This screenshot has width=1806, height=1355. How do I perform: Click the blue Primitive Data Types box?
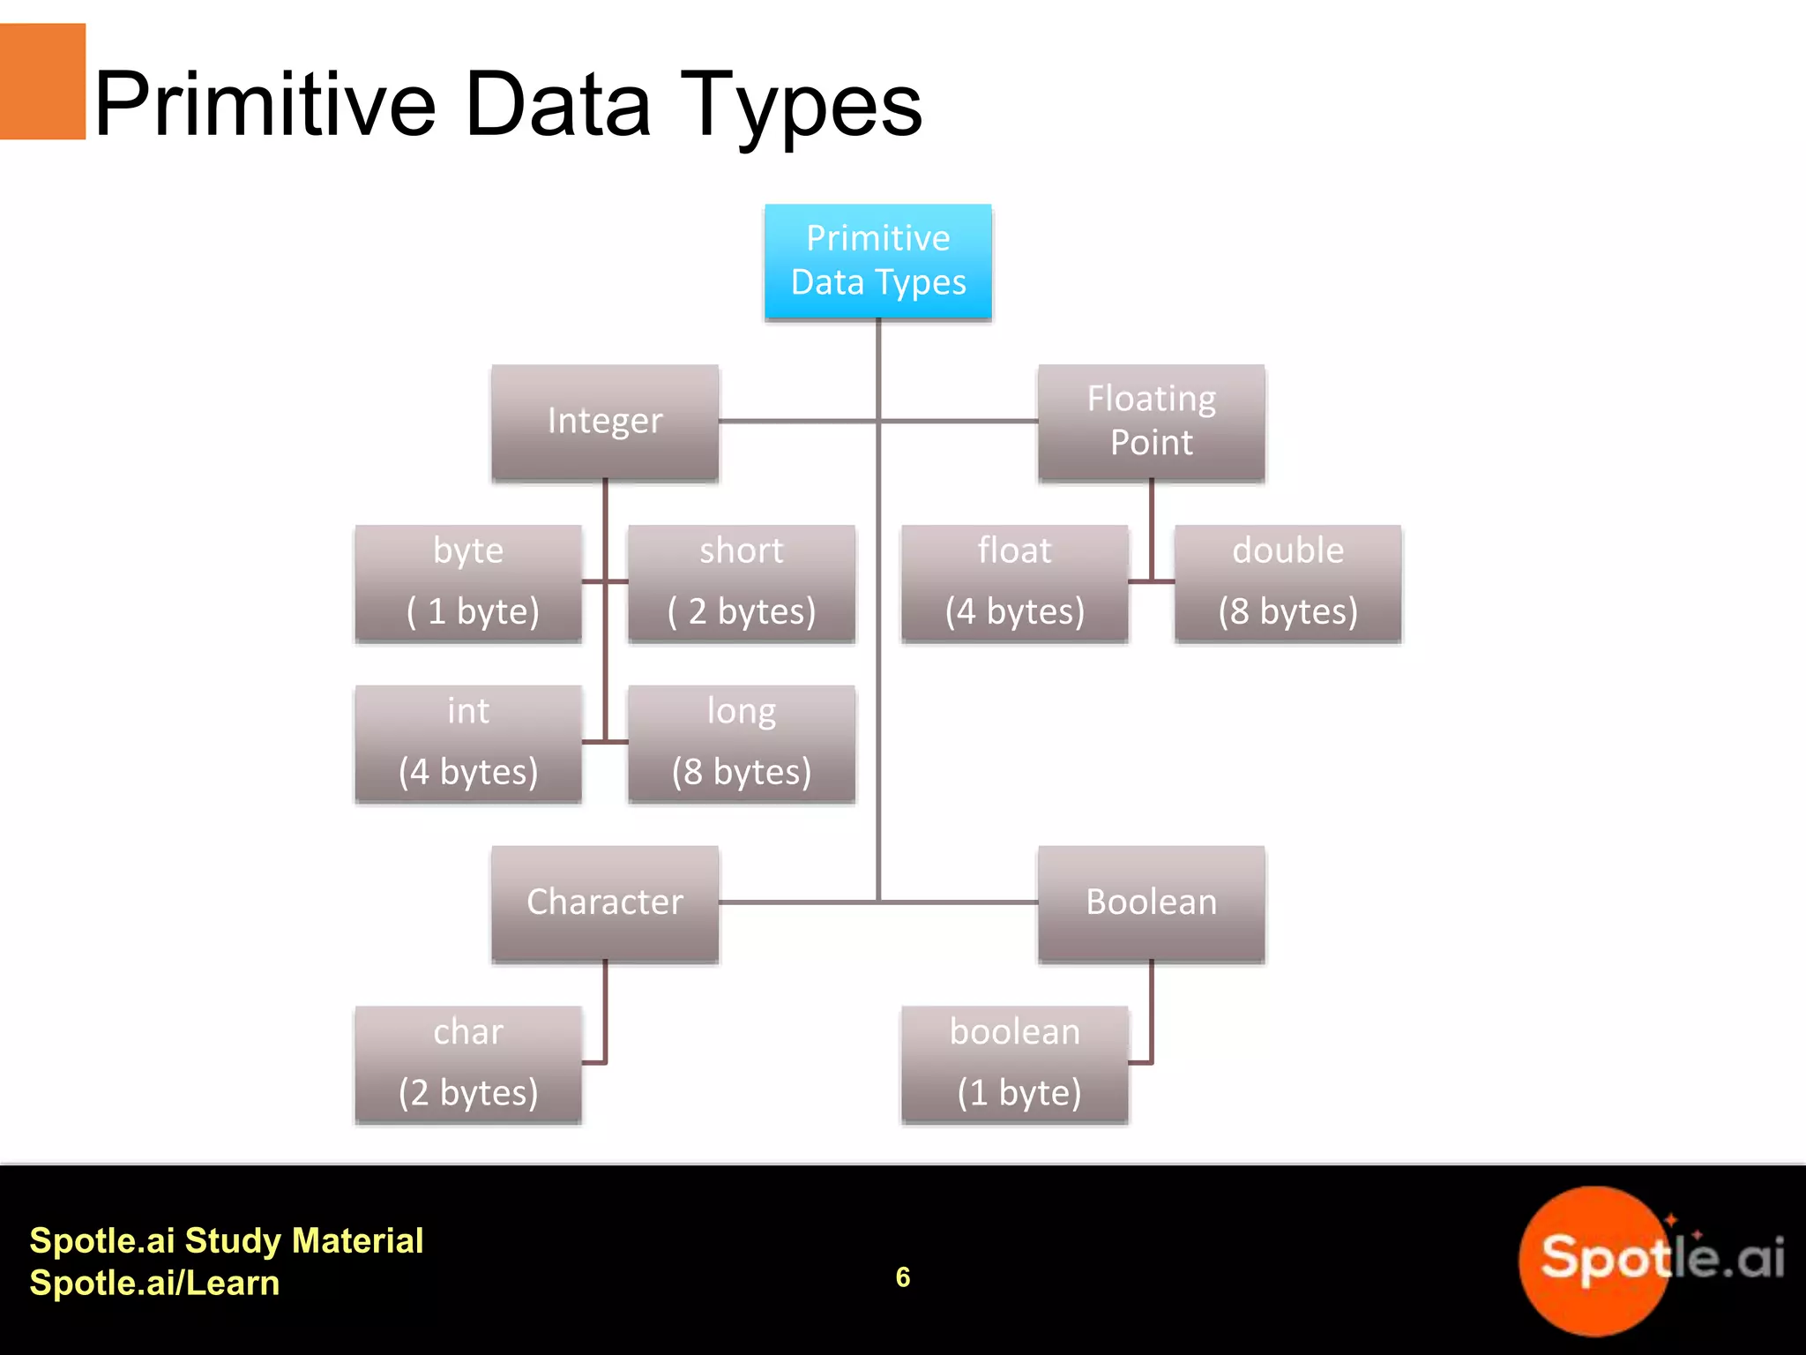pyautogui.click(x=877, y=261)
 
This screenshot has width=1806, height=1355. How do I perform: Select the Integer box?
pyautogui.click(x=605, y=422)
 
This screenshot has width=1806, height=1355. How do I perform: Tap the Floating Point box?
pyautogui.click(x=1151, y=422)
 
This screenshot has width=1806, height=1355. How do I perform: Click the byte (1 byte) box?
pyautogui.click(x=468, y=582)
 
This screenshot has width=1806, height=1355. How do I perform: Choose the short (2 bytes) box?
pyautogui.click(x=741, y=582)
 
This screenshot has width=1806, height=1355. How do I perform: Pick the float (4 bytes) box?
pyautogui.click(x=1014, y=582)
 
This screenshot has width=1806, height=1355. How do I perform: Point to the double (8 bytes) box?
pyautogui.click(x=1287, y=582)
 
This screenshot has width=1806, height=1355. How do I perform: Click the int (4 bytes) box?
pyautogui.click(x=468, y=743)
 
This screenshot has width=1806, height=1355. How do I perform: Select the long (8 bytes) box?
pyautogui.click(x=741, y=743)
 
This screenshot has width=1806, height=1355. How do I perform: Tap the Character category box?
pyautogui.click(x=605, y=902)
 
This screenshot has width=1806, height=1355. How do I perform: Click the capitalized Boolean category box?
pyautogui.click(x=1151, y=902)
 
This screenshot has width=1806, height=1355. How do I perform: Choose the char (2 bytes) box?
pyautogui.click(x=468, y=1063)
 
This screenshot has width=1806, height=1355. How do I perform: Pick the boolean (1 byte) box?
pyautogui.click(x=1014, y=1063)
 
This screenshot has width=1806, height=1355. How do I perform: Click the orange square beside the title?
pyautogui.click(x=42, y=81)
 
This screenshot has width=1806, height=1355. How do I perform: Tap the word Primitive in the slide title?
pyautogui.click(x=265, y=106)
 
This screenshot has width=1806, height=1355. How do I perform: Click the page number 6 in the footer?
pyautogui.click(x=903, y=1276)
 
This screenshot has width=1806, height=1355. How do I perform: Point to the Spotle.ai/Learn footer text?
pyautogui.click(x=154, y=1283)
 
